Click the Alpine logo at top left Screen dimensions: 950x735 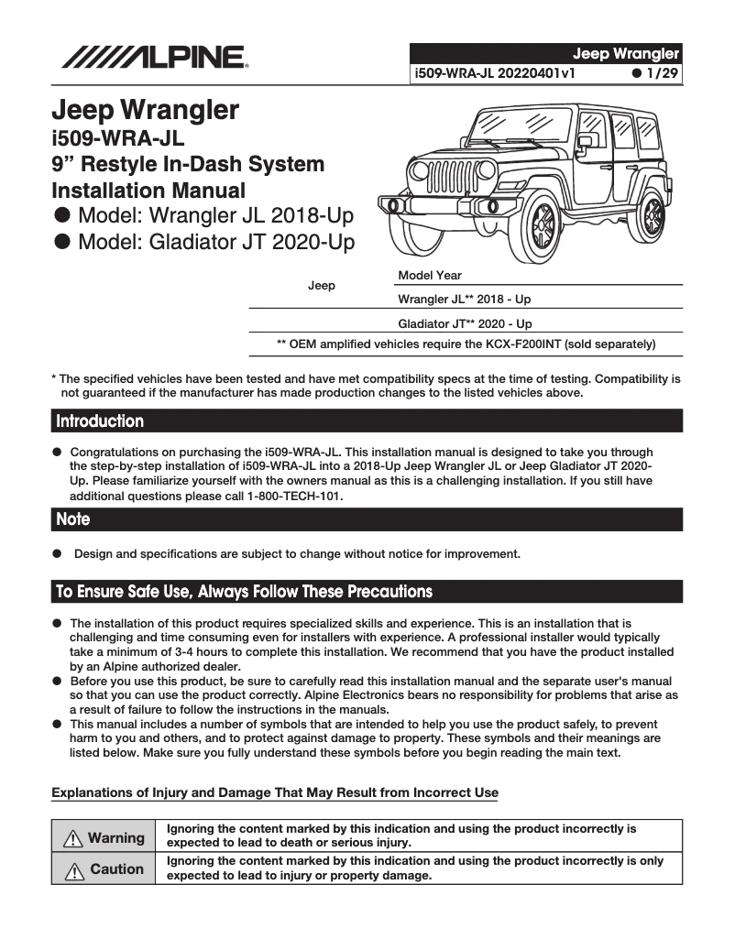tap(153, 57)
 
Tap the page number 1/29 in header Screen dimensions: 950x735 tap(656, 73)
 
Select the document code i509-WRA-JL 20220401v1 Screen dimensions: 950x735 tap(495, 73)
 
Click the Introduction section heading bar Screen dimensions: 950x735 tap(367, 421)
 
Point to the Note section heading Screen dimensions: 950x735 tap(73, 519)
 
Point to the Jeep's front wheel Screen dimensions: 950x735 tap(543, 224)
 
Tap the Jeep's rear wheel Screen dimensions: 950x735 tap(653, 216)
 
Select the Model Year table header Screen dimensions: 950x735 tap(430, 276)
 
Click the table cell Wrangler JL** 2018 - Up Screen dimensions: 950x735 tap(465, 300)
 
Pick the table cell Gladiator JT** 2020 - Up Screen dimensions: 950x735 tap(465, 324)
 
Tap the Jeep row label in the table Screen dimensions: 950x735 tap(321, 286)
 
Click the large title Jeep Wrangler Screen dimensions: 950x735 tap(145, 111)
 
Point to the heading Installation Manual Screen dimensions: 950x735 tap(148, 191)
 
